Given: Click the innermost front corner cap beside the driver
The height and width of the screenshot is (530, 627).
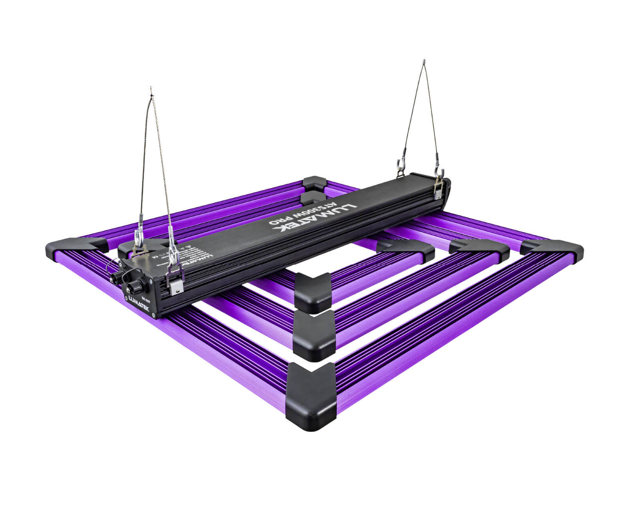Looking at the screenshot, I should point(314,292).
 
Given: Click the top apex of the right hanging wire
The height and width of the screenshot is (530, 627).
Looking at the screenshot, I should point(424,61).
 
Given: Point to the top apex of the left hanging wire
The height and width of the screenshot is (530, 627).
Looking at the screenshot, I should point(151,88).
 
